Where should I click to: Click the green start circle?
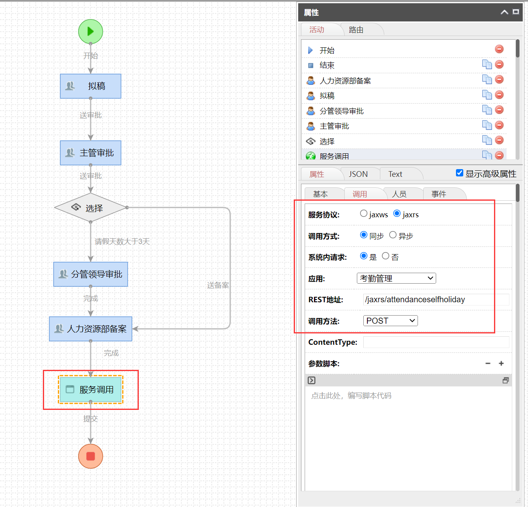(91, 32)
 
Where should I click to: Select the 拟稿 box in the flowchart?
(91, 86)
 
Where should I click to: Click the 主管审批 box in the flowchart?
(91, 153)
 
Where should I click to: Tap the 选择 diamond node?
(91, 208)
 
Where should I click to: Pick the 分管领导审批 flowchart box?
(91, 274)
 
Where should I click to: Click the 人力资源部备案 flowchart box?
(91, 329)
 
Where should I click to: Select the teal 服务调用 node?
(91, 390)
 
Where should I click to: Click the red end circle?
(91, 456)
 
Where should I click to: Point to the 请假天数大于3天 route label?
(122, 242)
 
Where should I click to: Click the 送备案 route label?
(218, 285)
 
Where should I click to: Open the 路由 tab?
(356, 30)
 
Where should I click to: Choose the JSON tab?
(358, 174)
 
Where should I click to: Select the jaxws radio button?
(364, 214)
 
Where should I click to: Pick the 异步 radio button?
(393, 235)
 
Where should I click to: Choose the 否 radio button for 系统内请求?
(386, 256)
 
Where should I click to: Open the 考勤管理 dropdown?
(396, 278)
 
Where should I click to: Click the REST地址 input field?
(435, 299)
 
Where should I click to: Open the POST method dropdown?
(390, 321)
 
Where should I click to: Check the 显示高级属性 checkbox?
(460, 173)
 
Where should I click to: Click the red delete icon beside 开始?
(499, 49)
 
